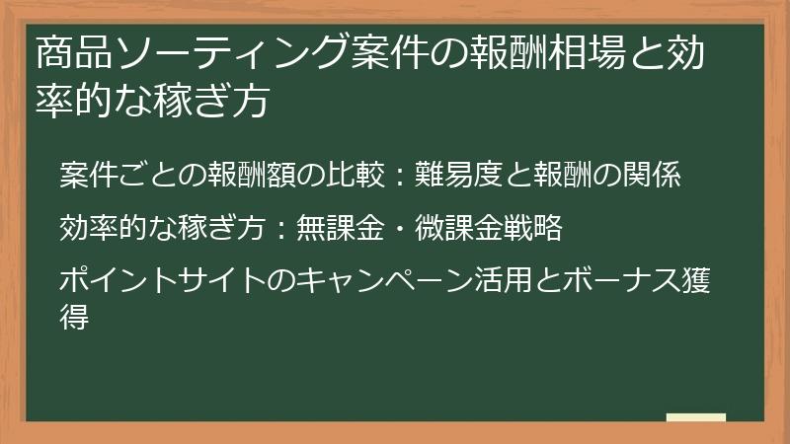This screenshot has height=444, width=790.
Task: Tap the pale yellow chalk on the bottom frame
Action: pyautogui.click(x=696, y=417)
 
